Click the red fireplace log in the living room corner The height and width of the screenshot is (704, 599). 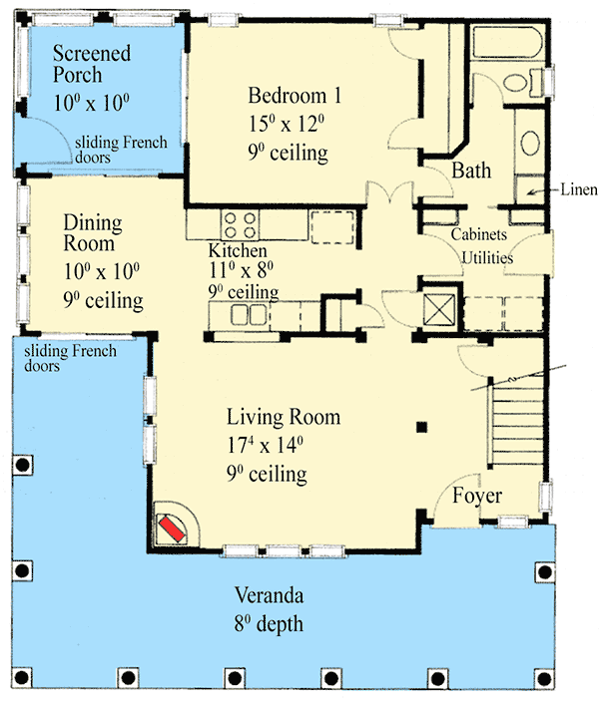173,528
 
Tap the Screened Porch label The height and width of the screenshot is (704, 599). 92,64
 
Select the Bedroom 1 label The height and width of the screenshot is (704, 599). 295,96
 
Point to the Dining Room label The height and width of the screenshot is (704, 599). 93,233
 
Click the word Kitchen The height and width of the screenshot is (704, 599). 238,250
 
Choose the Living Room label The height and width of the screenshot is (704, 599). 284,417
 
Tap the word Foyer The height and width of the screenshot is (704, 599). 477,496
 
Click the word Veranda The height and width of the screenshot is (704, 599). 269,595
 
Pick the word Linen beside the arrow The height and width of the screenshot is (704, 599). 579,189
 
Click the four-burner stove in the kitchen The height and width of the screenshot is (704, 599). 240,225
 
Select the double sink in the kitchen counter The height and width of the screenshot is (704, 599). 249,314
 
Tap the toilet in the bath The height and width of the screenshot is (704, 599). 523,83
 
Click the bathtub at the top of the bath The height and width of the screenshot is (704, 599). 507,43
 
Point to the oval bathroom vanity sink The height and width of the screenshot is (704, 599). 530,144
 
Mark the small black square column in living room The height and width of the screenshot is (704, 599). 421,427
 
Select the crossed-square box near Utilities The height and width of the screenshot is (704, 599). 439,309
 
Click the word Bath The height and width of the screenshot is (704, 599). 471,171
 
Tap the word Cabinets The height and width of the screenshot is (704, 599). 479,234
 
